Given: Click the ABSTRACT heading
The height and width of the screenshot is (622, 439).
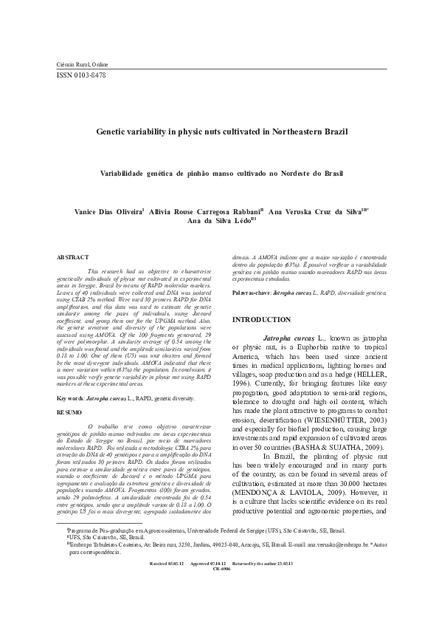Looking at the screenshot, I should [73, 256].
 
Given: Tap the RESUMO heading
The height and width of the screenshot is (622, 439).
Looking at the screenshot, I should [70, 410].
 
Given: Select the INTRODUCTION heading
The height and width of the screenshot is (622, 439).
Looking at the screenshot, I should [272, 319].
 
